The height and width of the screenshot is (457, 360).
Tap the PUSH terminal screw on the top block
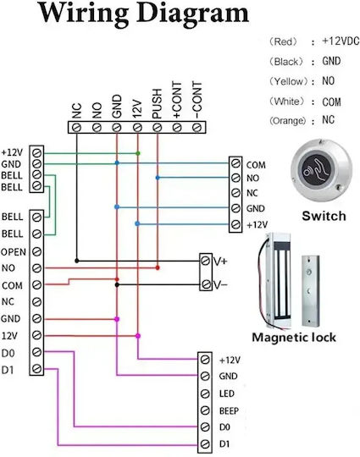(x=158, y=127)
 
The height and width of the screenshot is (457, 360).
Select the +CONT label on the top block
(x=177, y=100)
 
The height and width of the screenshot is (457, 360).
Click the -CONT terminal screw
(x=197, y=127)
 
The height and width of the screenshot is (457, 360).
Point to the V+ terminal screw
(x=205, y=261)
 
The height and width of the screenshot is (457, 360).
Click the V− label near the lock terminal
(x=219, y=284)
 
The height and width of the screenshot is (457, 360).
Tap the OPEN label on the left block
(x=14, y=252)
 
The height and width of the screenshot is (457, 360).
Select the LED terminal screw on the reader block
(x=205, y=394)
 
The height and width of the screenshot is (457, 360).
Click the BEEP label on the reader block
(x=229, y=411)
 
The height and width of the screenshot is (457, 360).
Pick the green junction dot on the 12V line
(x=138, y=153)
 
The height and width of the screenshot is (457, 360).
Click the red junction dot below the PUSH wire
(x=158, y=267)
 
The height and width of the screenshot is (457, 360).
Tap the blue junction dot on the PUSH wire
(x=158, y=178)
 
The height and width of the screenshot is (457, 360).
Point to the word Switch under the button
(x=324, y=216)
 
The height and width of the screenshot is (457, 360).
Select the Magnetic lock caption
(x=294, y=337)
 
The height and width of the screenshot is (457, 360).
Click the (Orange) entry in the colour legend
(x=288, y=120)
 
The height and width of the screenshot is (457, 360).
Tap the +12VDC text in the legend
(x=341, y=41)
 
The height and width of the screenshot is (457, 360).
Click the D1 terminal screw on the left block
(x=36, y=369)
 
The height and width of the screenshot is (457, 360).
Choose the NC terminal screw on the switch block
(x=235, y=193)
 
